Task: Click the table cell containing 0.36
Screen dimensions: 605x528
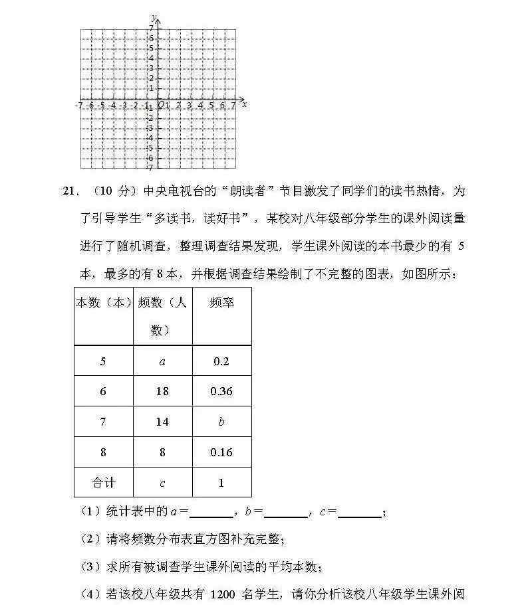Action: pos(221,391)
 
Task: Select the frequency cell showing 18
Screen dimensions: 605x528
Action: pos(162,391)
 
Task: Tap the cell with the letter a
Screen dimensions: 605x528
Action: pos(162,361)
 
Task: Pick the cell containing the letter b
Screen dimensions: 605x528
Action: pos(221,422)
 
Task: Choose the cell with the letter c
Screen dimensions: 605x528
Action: pos(162,482)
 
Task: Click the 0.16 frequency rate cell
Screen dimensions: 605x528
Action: pos(221,452)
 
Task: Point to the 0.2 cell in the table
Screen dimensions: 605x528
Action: pos(221,361)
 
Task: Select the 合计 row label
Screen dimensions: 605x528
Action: pos(103,482)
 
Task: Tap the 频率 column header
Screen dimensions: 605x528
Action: pos(221,303)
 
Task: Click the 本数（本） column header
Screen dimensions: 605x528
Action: pos(103,303)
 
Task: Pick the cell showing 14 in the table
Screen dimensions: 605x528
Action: pos(162,422)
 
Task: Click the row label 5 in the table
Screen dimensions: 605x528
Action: pos(103,361)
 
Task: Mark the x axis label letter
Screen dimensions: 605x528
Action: pos(245,104)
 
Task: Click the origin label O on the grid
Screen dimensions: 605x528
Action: pos(160,105)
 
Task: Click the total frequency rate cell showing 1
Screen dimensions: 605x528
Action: pos(221,482)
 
